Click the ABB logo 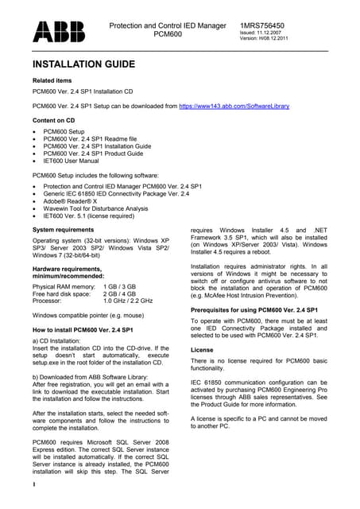[58, 31]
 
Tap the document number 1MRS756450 [268, 25]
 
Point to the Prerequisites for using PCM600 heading [254, 309]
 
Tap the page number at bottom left [34, 483]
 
